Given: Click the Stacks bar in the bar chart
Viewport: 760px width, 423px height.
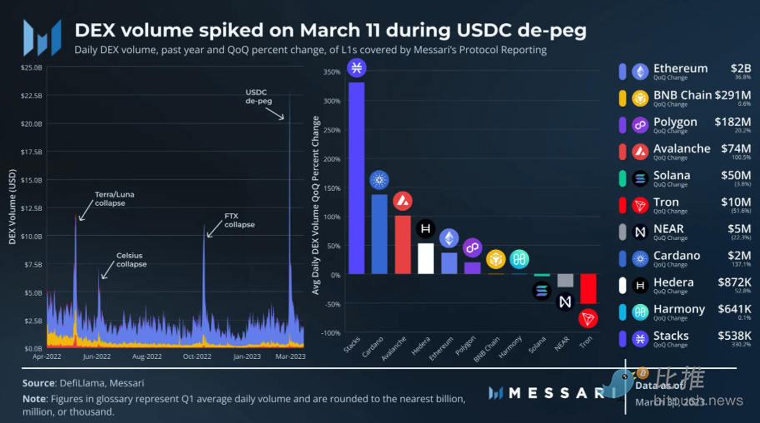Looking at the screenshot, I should coord(356,177).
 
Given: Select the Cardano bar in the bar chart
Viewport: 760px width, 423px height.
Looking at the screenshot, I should coord(379,233).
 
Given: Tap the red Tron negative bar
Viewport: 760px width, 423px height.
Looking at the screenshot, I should coord(588,288).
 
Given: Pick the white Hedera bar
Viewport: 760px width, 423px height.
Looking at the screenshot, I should coord(426,258).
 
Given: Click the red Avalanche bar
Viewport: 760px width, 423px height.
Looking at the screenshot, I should coord(402,244).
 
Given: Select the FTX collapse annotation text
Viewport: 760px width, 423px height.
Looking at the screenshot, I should coord(239,221).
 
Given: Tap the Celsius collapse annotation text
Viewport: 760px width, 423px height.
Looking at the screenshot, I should coord(132,260).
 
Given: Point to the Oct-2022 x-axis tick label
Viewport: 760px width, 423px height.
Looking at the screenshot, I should coord(197,356).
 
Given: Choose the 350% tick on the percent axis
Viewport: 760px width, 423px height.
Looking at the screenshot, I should coord(330,72).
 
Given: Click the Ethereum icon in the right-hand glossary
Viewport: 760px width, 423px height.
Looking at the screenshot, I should coord(640,72).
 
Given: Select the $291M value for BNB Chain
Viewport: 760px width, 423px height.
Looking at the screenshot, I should coord(732,95).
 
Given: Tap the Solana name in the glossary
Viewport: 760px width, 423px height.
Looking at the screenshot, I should coord(672,176).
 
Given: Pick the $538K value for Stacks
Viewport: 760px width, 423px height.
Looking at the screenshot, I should coord(734,336).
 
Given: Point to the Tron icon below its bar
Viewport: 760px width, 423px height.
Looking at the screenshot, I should coord(588,319).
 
